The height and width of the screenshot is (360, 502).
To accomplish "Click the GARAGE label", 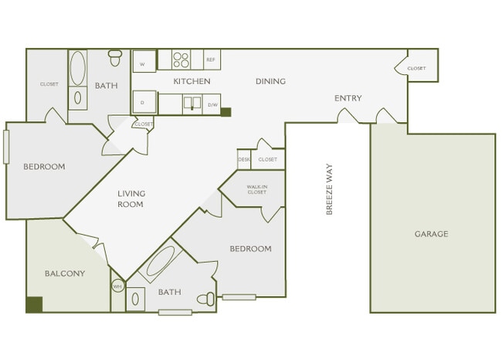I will pos(431,234).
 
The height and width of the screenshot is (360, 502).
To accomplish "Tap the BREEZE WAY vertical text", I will pos(330,188).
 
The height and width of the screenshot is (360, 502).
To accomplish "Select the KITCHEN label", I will pos(192,81).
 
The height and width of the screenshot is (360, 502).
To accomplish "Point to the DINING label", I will pos(270,81).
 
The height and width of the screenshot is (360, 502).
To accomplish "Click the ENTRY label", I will pos(348,98).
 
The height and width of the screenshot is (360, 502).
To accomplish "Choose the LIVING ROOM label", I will pos(131,199).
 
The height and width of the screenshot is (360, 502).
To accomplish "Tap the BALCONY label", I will pos(65,273).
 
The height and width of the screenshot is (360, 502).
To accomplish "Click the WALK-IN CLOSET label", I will pos(257,189).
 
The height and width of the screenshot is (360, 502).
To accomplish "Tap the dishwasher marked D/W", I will pos(212,104).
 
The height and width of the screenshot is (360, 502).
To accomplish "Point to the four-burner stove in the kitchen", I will pos(181,59).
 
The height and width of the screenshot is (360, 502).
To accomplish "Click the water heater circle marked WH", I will pos(118,286).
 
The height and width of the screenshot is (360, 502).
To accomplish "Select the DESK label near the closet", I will pos(244,159).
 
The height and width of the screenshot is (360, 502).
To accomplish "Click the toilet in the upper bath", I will pos(116,57).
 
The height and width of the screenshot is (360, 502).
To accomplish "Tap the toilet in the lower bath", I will pos(205,299).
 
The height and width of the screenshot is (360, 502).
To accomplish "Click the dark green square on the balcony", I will pos(34,304).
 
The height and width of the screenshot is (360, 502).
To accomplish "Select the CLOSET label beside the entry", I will pos(416,68).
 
